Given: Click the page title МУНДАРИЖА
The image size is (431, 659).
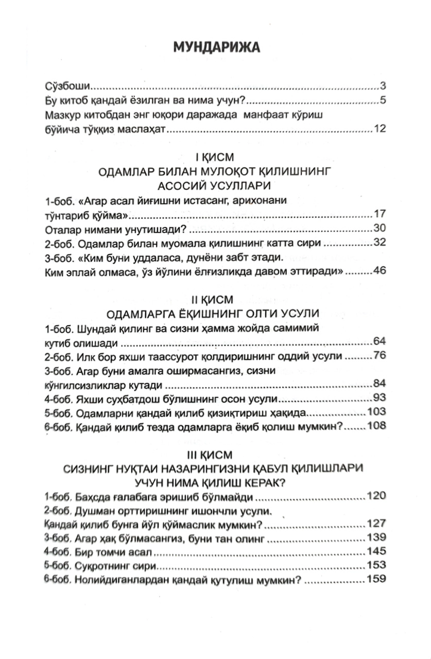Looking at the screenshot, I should [216, 47].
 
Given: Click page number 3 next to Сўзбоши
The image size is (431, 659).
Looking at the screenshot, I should [383, 86].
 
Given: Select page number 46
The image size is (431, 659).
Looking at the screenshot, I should [380, 271].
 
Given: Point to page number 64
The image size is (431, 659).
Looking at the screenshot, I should [380, 342].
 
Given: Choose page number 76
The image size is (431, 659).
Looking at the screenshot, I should [380, 356].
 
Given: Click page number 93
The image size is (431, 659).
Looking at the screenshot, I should [380, 398].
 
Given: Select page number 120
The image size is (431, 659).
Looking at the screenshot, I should [377, 496].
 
